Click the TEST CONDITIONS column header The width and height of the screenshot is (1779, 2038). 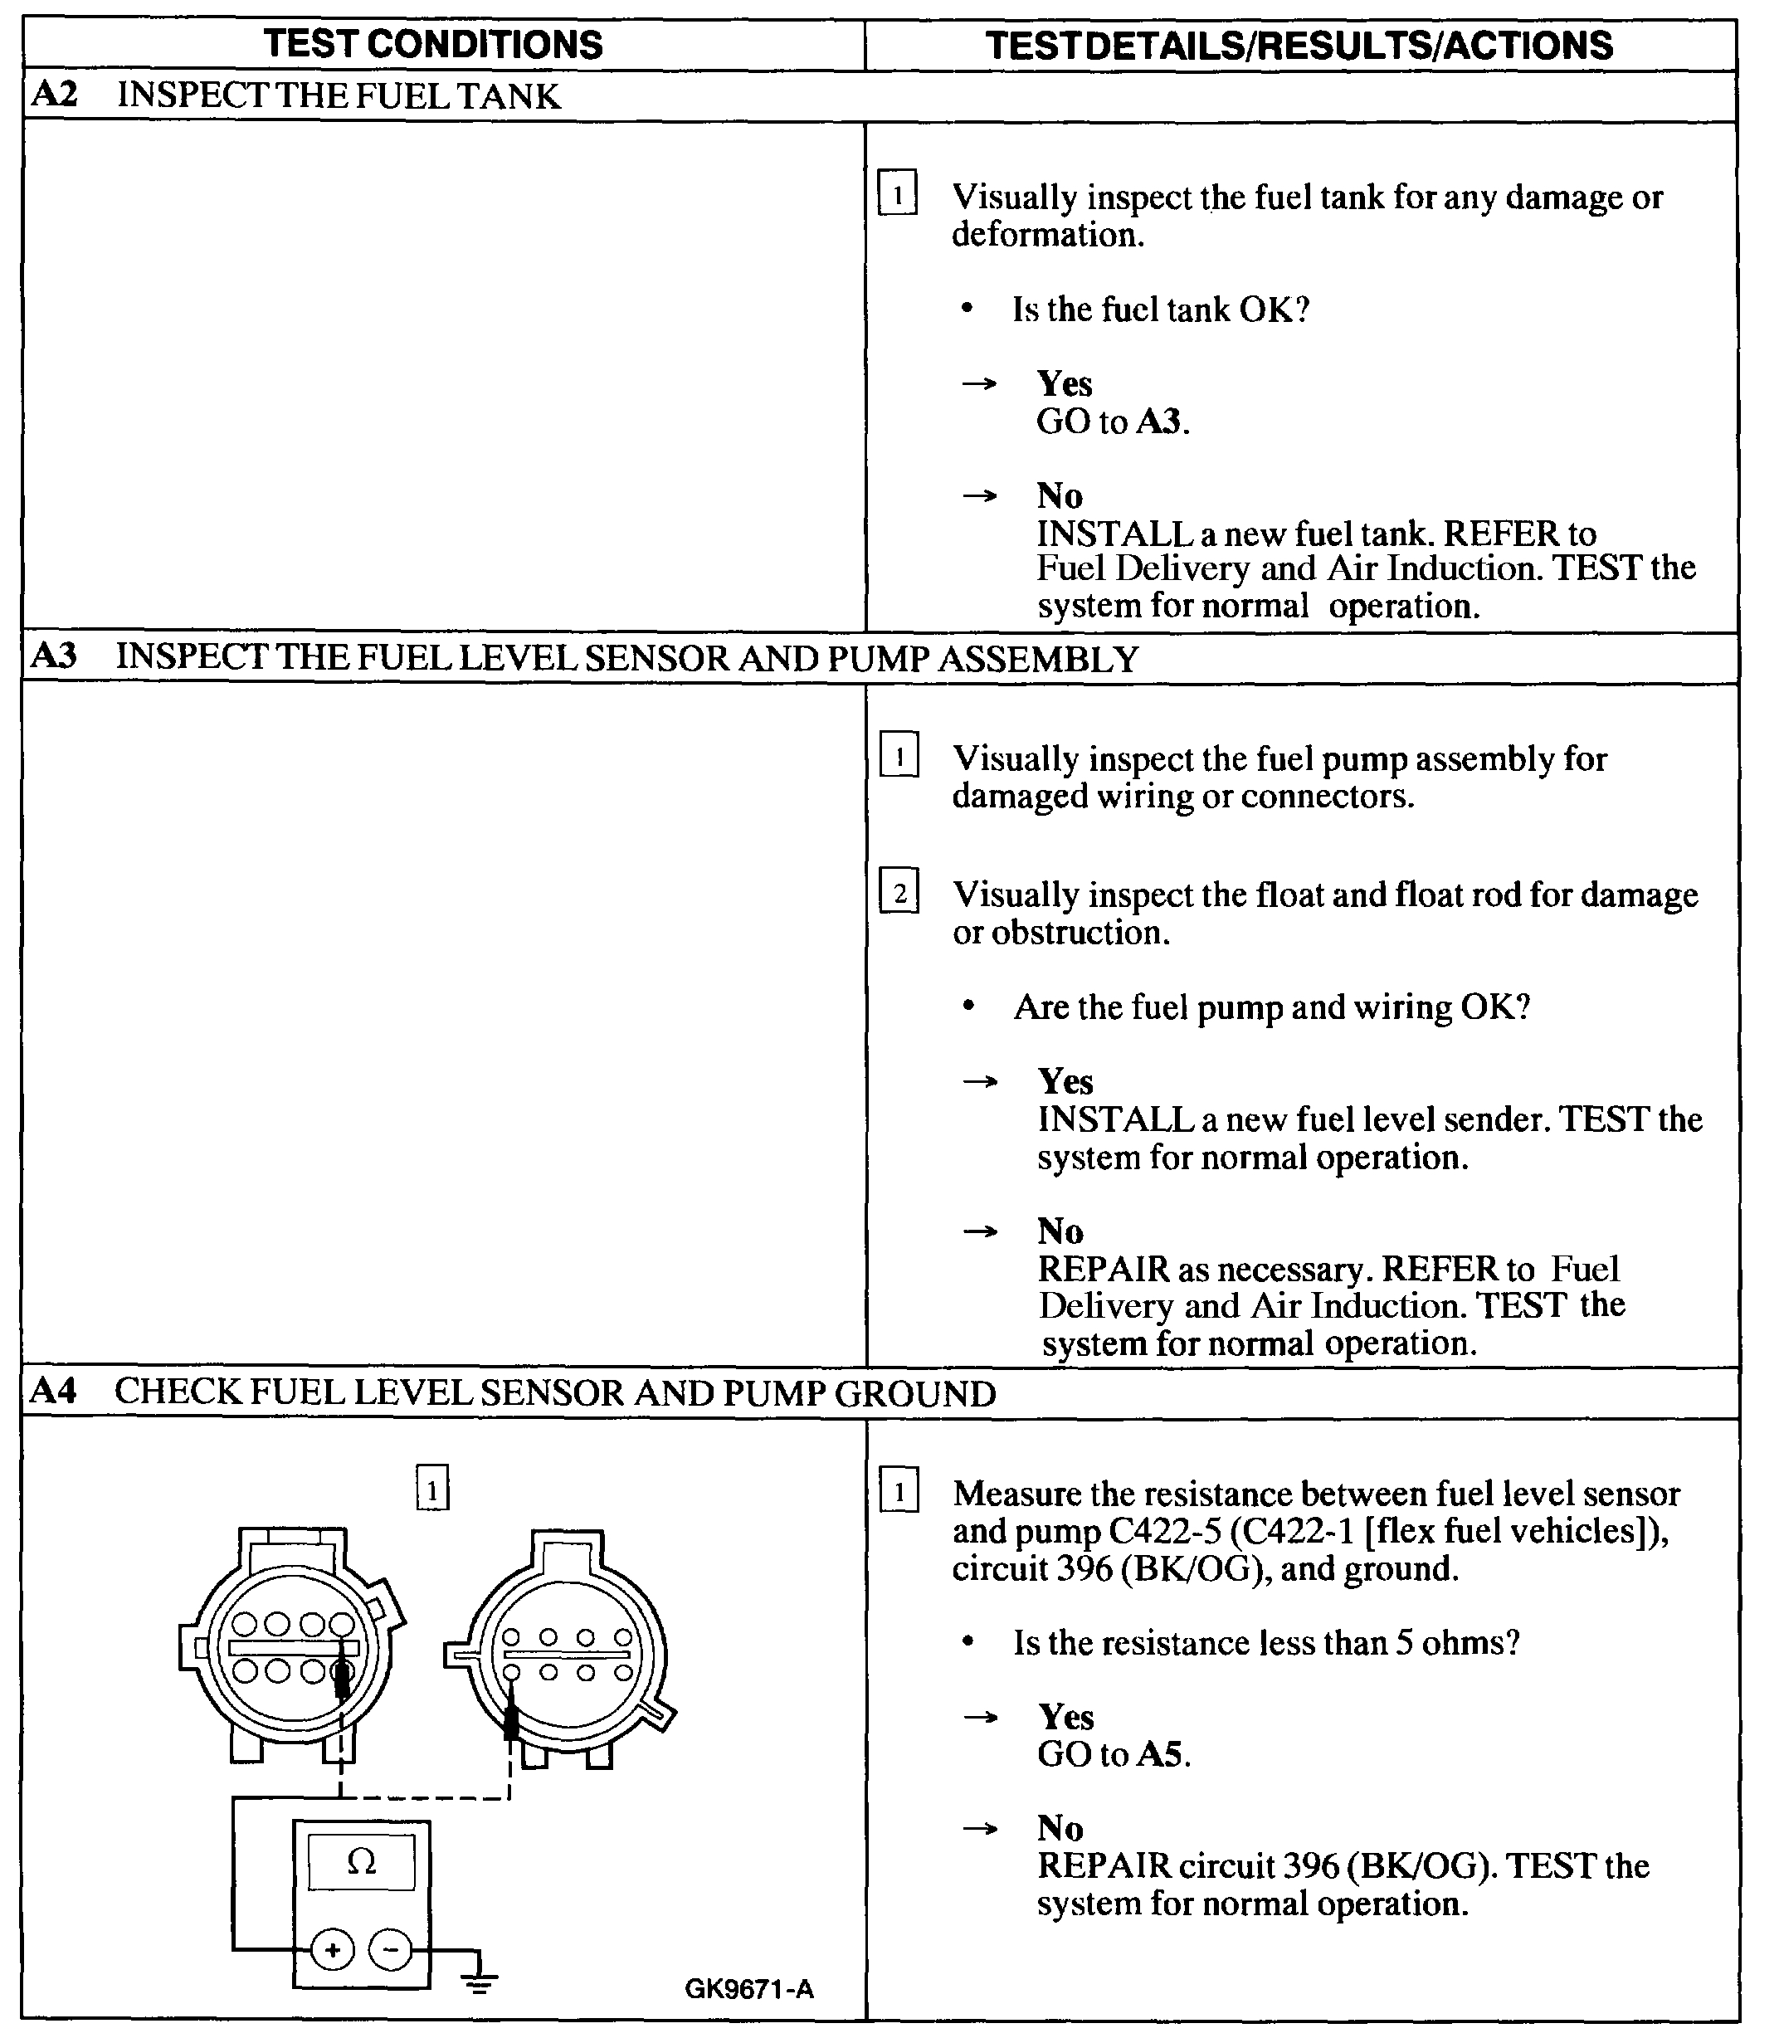(433, 45)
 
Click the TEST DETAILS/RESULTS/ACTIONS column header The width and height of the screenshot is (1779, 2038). (1299, 46)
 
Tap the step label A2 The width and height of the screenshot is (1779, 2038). (54, 95)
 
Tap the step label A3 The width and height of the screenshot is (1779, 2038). (54, 657)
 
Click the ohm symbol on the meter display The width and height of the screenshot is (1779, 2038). (362, 1863)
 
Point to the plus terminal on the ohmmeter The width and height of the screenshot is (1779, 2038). (333, 1951)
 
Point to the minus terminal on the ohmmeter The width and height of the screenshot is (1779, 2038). (390, 1951)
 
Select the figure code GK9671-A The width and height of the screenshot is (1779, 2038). (748, 1988)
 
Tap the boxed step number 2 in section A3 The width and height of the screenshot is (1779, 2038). (899, 895)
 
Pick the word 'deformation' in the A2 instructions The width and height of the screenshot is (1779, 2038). (1046, 236)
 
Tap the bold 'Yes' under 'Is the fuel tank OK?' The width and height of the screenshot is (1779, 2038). (1065, 384)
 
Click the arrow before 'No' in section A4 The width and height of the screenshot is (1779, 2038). (980, 1827)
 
